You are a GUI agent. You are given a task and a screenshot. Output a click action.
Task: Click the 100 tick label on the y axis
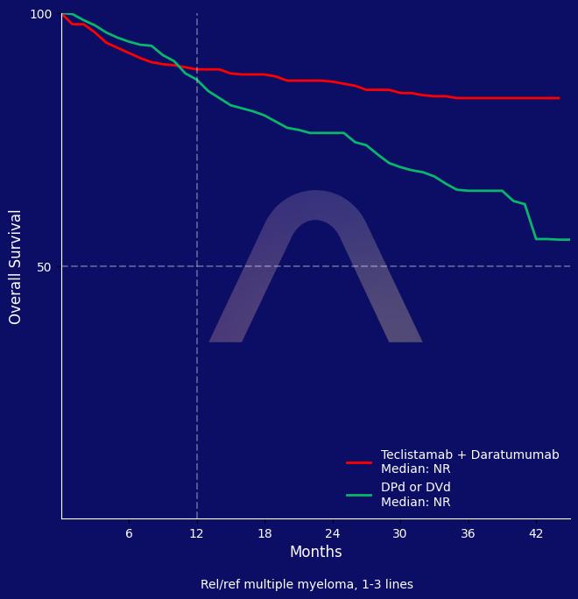(x=41, y=14)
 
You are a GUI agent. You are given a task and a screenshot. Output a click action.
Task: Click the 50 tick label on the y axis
(x=45, y=266)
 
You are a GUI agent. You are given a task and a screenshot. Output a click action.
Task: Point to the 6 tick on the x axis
(x=129, y=533)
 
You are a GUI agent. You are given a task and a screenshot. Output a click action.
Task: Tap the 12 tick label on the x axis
(x=197, y=533)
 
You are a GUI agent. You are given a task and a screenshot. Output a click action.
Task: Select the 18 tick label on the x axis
(x=264, y=533)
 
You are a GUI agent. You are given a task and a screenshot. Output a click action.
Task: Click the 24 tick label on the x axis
(x=333, y=533)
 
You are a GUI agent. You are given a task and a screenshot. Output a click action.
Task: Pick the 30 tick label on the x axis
(x=400, y=533)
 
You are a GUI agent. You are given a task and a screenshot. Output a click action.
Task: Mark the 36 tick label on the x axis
(x=468, y=533)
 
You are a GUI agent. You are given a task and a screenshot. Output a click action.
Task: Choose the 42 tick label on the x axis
(x=536, y=533)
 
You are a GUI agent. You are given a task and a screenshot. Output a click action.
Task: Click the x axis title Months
(x=315, y=553)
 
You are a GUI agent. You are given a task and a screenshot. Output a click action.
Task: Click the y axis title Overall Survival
(x=16, y=266)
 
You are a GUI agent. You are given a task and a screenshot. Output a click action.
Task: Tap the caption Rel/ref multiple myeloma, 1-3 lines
(x=307, y=585)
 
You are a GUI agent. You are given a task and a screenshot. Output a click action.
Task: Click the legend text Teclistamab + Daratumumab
(x=469, y=455)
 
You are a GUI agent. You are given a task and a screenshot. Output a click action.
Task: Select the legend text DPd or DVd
(x=416, y=488)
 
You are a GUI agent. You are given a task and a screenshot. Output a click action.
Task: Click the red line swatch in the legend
(x=359, y=462)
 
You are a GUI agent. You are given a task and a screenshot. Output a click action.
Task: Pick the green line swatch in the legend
(x=359, y=495)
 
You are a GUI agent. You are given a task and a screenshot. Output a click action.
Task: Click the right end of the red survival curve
(x=559, y=98)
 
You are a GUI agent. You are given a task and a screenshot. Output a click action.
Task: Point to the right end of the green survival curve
(x=569, y=239)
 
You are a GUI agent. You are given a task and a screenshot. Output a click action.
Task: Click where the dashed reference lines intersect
(x=197, y=266)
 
